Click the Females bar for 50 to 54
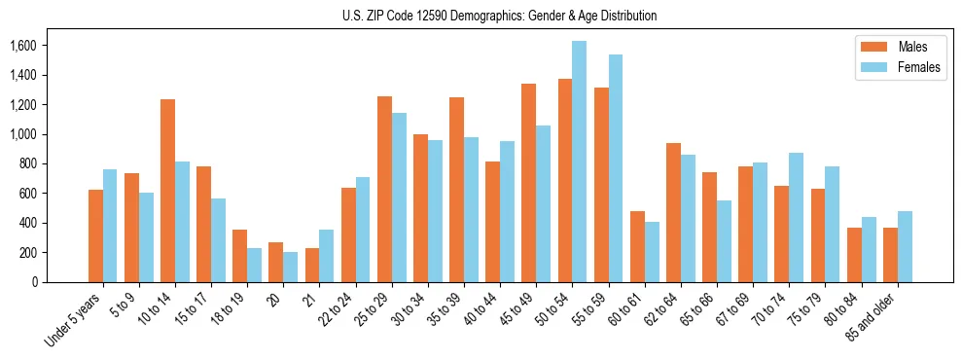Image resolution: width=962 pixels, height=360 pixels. [x=579, y=162]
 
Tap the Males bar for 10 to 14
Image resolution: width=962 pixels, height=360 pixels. [x=167, y=191]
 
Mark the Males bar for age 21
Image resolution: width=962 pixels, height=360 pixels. [x=312, y=265]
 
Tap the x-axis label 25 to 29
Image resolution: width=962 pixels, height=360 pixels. [x=377, y=310]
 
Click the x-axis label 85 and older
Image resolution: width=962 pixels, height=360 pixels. [x=873, y=318]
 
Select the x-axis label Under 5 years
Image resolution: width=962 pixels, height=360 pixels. [x=73, y=321]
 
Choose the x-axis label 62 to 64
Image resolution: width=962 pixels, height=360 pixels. [x=666, y=310]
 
